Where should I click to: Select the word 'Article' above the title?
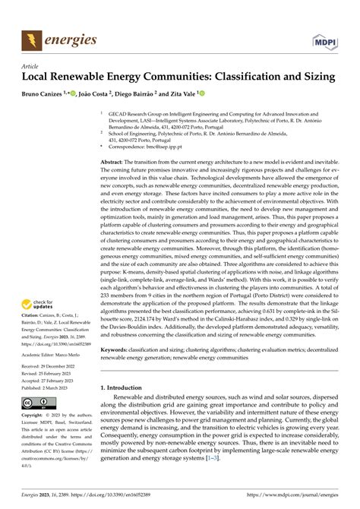tap(31, 66)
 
